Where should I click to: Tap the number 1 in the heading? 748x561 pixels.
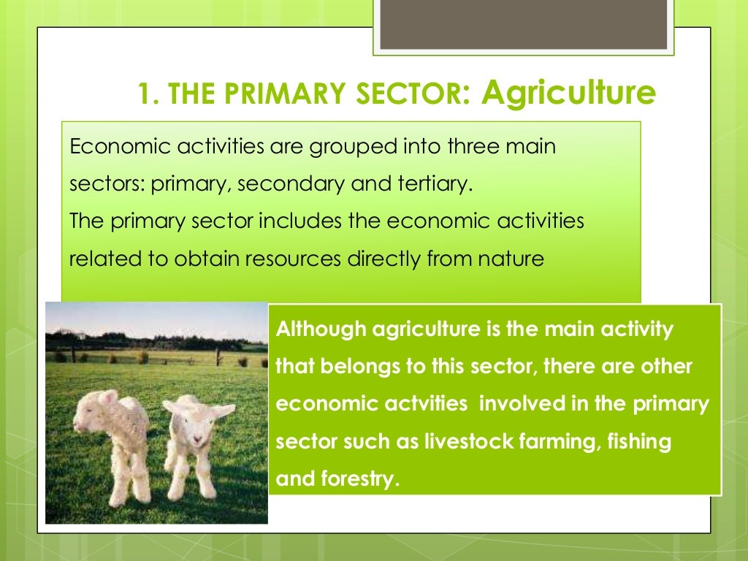click(143, 96)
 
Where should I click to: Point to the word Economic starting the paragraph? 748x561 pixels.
click(112, 146)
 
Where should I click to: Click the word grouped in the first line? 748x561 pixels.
click(346, 146)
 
